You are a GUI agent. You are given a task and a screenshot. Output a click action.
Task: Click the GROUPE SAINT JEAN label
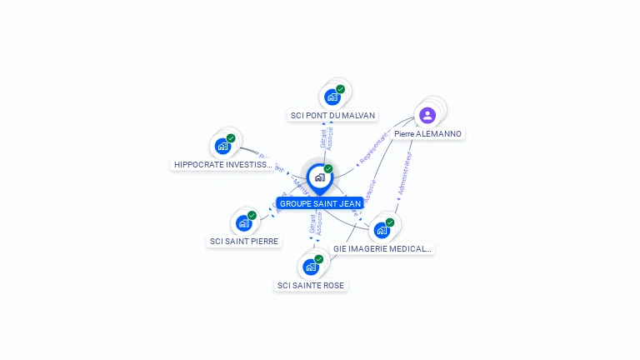click(x=320, y=203)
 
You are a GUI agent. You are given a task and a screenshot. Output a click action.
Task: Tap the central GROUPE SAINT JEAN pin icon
click(x=319, y=177)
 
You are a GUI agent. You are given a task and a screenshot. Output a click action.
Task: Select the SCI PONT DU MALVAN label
click(x=332, y=116)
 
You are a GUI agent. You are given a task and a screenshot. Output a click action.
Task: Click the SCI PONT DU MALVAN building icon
click(x=332, y=97)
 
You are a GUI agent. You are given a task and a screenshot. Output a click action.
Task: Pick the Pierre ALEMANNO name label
click(x=427, y=134)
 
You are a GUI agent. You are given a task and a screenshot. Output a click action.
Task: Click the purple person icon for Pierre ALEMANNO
click(x=427, y=115)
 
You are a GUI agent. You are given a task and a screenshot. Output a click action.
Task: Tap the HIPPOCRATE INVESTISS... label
click(x=222, y=165)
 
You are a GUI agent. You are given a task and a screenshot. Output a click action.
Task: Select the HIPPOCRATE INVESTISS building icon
click(x=222, y=146)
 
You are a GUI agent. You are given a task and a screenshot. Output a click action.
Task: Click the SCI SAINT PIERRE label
click(x=244, y=242)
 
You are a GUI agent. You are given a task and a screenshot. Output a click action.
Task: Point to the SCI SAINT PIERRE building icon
click(x=243, y=223)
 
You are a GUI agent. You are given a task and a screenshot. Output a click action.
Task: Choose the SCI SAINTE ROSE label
click(x=310, y=286)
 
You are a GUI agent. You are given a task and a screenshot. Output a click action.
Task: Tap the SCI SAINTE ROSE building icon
click(x=310, y=267)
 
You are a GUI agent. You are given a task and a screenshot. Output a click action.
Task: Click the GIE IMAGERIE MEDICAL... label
click(x=382, y=248)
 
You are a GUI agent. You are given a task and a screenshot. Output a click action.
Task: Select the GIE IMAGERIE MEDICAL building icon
click(x=382, y=230)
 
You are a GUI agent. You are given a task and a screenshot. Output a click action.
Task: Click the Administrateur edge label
click(x=405, y=173)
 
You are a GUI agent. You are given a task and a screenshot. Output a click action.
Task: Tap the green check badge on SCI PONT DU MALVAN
click(x=341, y=89)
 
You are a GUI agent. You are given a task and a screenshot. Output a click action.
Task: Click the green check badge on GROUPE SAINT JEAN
click(x=328, y=168)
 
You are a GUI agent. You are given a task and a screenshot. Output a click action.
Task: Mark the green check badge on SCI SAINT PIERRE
click(x=252, y=216)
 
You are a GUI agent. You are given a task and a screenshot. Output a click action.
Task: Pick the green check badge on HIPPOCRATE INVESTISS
click(x=231, y=138)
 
